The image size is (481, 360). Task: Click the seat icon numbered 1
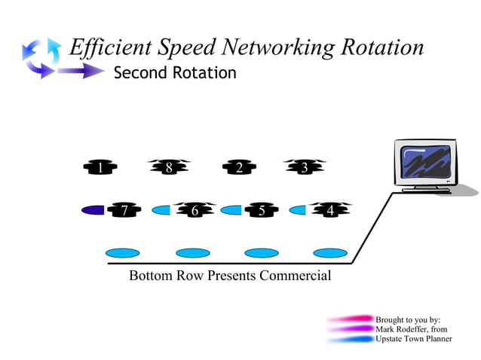point(100,168)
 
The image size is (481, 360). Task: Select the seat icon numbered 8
point(169,168)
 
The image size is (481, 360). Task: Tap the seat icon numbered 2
point(239,168)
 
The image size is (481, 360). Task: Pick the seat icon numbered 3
point(305,168)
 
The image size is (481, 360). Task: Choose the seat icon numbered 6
point(195,210)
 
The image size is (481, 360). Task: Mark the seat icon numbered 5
point(262,210)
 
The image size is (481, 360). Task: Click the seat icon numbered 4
point(329,210)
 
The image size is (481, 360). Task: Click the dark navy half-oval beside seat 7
point(93,210)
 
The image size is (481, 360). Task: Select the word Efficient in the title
point(110,47)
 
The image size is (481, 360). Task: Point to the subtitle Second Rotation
point(174,73)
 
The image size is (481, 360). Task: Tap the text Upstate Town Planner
point(413,339)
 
